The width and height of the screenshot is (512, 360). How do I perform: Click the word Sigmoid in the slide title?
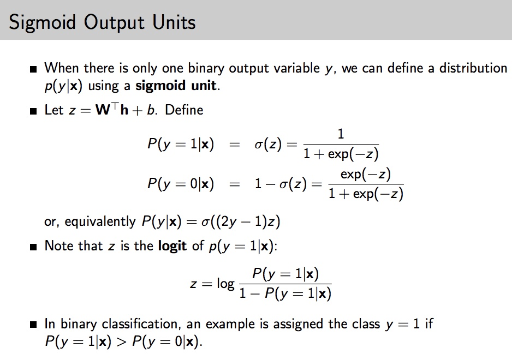(x=40, y=22)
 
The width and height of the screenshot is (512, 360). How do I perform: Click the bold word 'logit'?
(x=172, y=245)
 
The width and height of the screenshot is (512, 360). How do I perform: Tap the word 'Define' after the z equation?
(x=184, y=110)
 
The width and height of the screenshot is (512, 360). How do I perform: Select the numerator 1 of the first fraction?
(x=341, y=134)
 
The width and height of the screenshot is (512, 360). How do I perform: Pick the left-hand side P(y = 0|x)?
(x=180, y=184)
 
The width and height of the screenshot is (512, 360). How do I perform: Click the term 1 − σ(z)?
(x=281, y=184)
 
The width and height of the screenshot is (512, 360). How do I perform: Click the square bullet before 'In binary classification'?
(x=34, y=325)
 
